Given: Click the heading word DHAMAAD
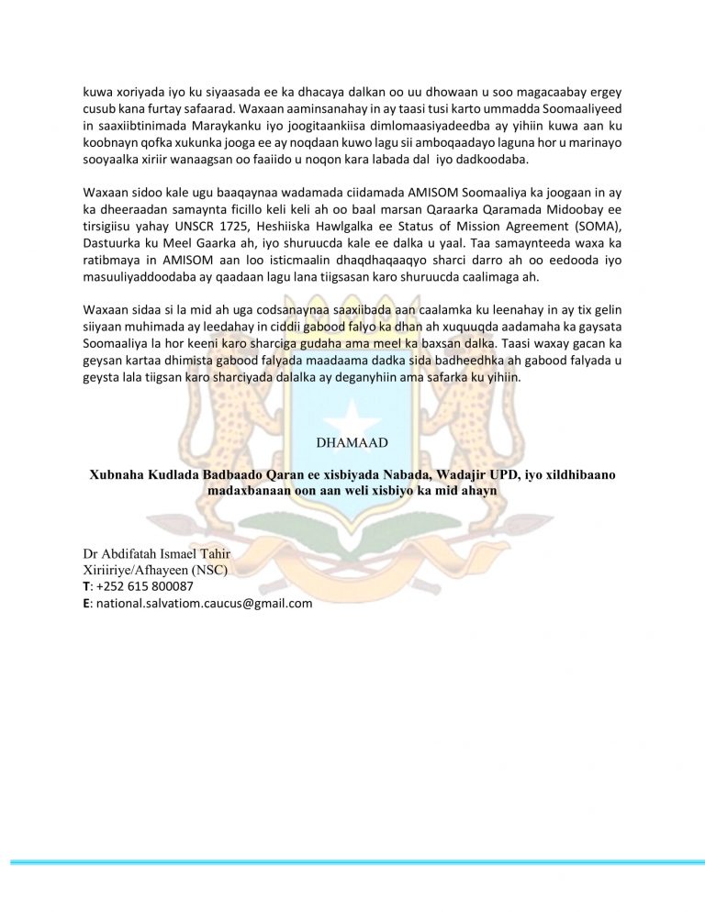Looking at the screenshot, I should pos(352,442).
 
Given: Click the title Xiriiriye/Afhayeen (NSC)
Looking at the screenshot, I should pos(154,570).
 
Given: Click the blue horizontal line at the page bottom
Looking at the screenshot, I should pos(352,862).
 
